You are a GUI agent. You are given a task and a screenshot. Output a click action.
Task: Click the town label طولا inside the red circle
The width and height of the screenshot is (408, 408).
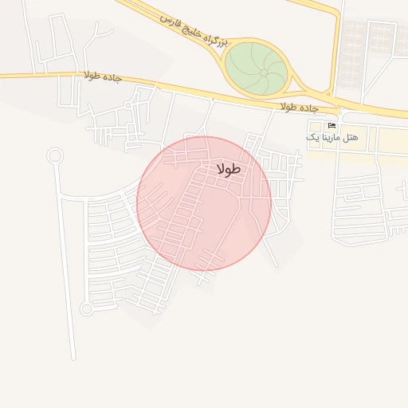click(229, 169)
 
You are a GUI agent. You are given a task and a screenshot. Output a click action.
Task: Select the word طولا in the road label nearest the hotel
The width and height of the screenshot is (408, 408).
click(289, 105)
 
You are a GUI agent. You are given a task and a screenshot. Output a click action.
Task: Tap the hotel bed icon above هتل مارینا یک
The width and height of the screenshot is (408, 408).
click(332, 126)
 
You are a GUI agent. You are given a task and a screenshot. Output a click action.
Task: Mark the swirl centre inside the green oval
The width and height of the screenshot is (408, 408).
click(264, 73)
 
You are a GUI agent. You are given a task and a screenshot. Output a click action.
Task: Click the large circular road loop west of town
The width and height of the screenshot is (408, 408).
click(54, 155)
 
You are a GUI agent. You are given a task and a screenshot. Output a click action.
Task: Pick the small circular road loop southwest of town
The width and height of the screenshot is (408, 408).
click(86, 308)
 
